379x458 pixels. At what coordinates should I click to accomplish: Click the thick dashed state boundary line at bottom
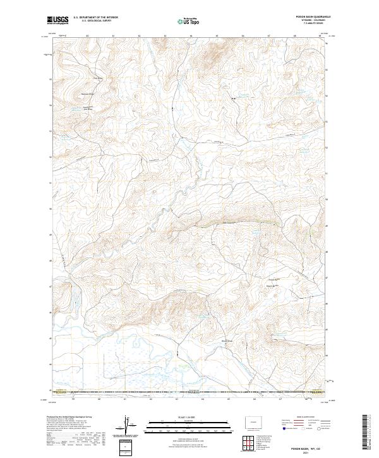coord(189,393)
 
